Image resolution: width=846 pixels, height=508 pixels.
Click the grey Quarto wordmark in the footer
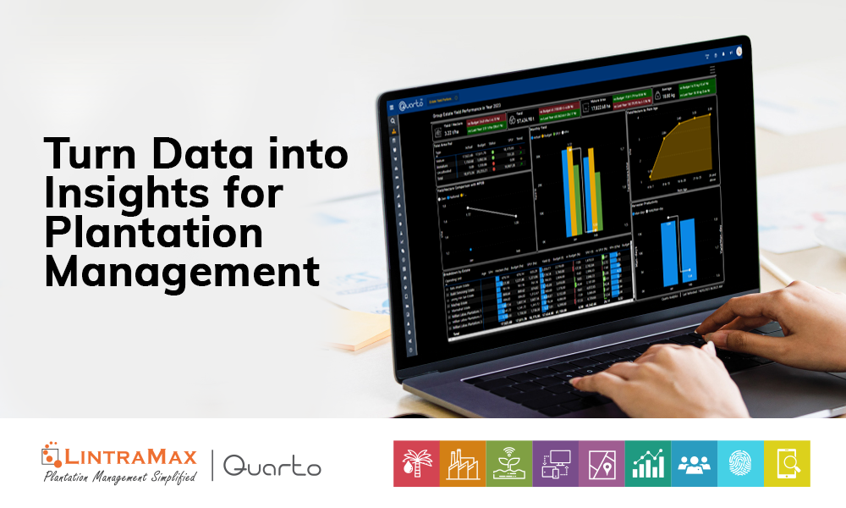tap(272, 465)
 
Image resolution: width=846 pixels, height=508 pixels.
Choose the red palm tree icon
tap(416, 463)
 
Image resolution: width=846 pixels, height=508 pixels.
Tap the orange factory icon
tap(463, 463)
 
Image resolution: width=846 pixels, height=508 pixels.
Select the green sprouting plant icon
tap(509, 463)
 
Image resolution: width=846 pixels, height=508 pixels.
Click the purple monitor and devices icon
tap(556, 463)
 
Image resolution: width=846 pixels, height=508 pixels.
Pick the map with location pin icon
tap(602, 463)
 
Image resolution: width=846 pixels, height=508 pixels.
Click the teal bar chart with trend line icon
tap(649, 463)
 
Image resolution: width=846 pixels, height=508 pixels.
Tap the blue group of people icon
tap(695, 463)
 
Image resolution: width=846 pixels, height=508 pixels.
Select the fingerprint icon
tap(742, 463)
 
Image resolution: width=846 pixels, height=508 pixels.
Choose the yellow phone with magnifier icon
tap(788, 463)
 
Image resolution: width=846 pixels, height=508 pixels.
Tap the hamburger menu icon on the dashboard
tap(392, 108)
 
